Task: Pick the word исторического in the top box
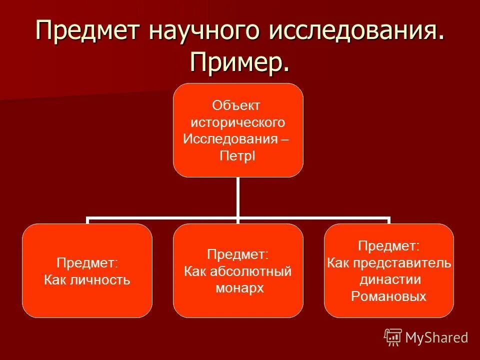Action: coord(238,122)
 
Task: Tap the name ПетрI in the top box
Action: coord(237,156)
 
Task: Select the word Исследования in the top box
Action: coord(231,139)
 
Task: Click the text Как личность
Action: coord(87,279)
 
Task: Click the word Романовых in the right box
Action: coord(388,296)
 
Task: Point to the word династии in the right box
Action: coord(389,279)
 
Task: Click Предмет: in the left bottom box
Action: coord(87,262)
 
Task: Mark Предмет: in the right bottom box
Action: coord(388,245)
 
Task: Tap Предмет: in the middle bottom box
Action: coord(237,254)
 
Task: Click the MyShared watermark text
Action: coord(436,337)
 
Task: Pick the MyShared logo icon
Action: coord(393,337)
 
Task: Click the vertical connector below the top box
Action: coord(238,197)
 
